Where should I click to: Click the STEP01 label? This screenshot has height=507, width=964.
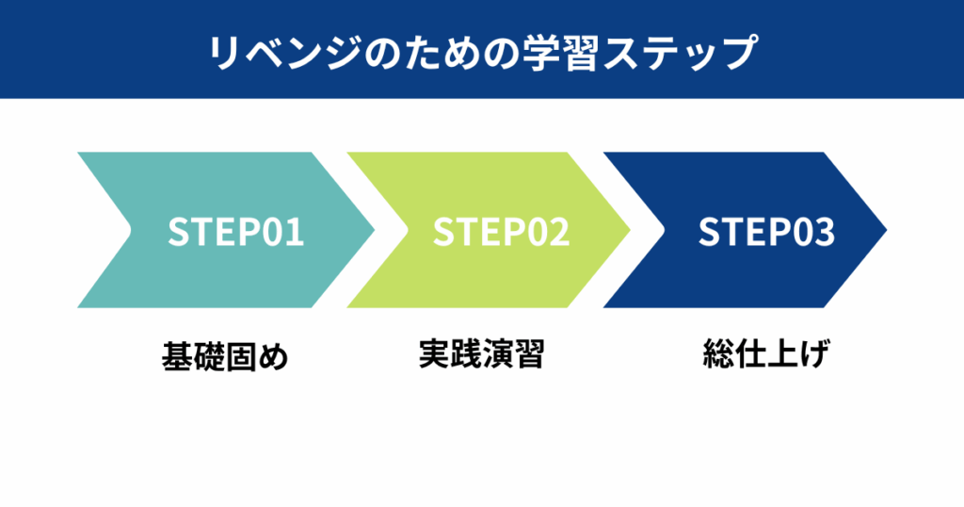click(235, 232)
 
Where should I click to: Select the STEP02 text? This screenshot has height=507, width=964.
click(501, 232)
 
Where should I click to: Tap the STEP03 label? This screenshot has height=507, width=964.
click(766, 232)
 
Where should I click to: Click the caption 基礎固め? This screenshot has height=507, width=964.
click(223, 357)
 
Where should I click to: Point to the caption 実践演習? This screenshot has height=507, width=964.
click(481, 355)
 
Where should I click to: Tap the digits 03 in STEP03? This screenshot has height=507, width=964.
click(813, 232)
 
